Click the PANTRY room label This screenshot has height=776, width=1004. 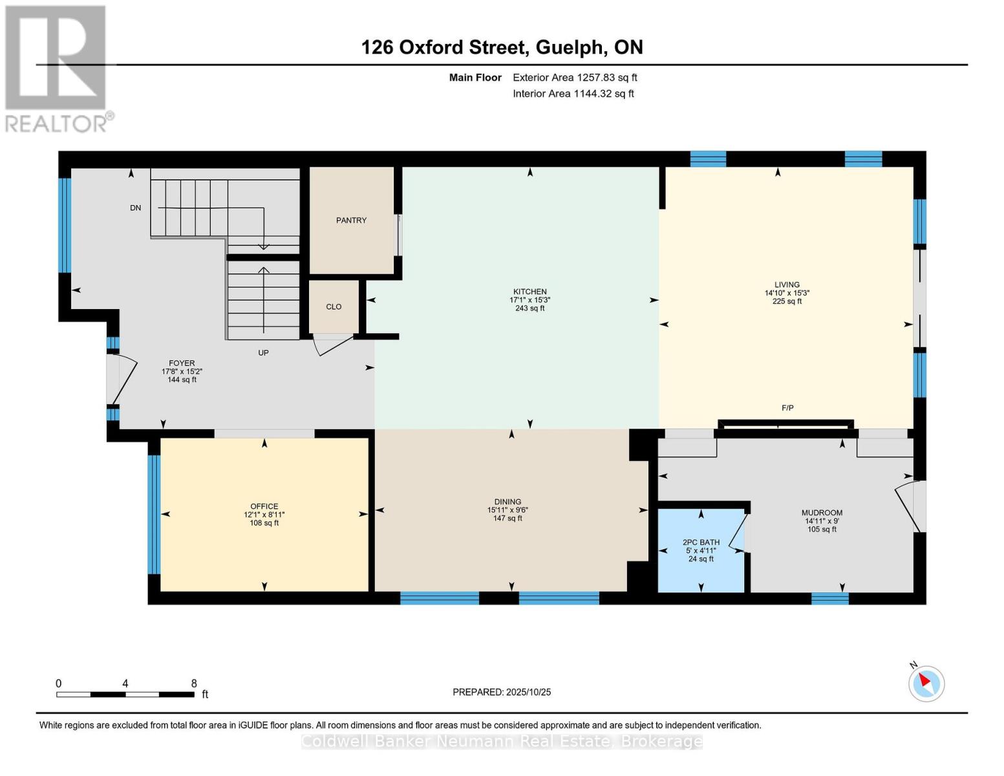[x=351, y=221]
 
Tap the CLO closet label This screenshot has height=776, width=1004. [x=334, y=307]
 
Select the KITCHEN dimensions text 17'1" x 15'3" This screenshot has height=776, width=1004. [x=529, y=300]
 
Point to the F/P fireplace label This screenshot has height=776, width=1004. [x=787, y=408]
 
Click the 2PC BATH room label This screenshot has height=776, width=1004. [x=701, y=543]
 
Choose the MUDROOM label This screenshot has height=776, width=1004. [x=822, y=513]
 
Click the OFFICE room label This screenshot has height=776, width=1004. [x=264, y=506]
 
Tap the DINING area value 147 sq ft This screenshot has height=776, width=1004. [x=507, y=518]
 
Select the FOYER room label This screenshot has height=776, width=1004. [x=182, y=363]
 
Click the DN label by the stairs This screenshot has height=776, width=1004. [x=135, y=208]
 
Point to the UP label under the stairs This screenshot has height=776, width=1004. [x=263, y=353]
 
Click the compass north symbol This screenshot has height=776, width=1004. [x=926, y=683]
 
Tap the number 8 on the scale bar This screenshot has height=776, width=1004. [x=194, y=683]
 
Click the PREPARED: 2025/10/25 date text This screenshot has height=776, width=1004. [x=502, y=692]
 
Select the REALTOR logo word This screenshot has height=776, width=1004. [x=58, y=123]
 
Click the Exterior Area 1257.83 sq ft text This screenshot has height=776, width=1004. [x=575, y=78]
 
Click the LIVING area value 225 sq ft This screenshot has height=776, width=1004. [x=787, y=301]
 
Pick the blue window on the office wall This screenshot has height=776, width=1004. [x=154, y=515]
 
